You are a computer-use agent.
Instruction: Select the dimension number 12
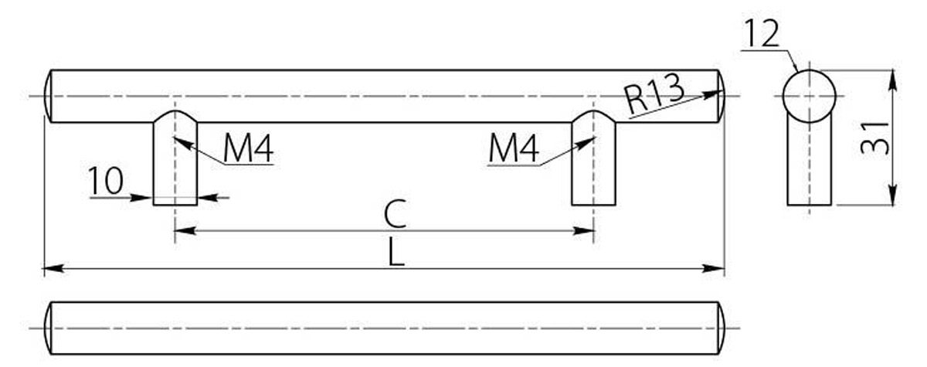(x=762, y=33)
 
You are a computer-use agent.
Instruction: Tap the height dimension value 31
(x=874, y=138)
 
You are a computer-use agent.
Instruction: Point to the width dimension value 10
(x=106, y=180)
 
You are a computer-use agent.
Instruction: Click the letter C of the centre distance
(x=396, y=213)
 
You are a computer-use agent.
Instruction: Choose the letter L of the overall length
(x=396, y=253)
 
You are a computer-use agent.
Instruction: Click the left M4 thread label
(x=248, y=149)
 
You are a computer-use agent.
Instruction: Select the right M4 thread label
(x=514, y=149)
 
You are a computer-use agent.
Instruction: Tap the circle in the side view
(x=810, y=70)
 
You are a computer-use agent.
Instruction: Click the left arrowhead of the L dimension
(x=54, y=269)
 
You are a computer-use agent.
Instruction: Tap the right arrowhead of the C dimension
(x=583, y=231)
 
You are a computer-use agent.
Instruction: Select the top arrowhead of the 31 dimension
(x=893, y=80)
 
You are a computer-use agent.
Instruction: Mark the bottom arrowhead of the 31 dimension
(x=893, y=195)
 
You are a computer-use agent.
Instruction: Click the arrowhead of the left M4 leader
(x=184, y=143)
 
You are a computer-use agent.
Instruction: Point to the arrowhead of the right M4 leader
(x=586, y=143)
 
